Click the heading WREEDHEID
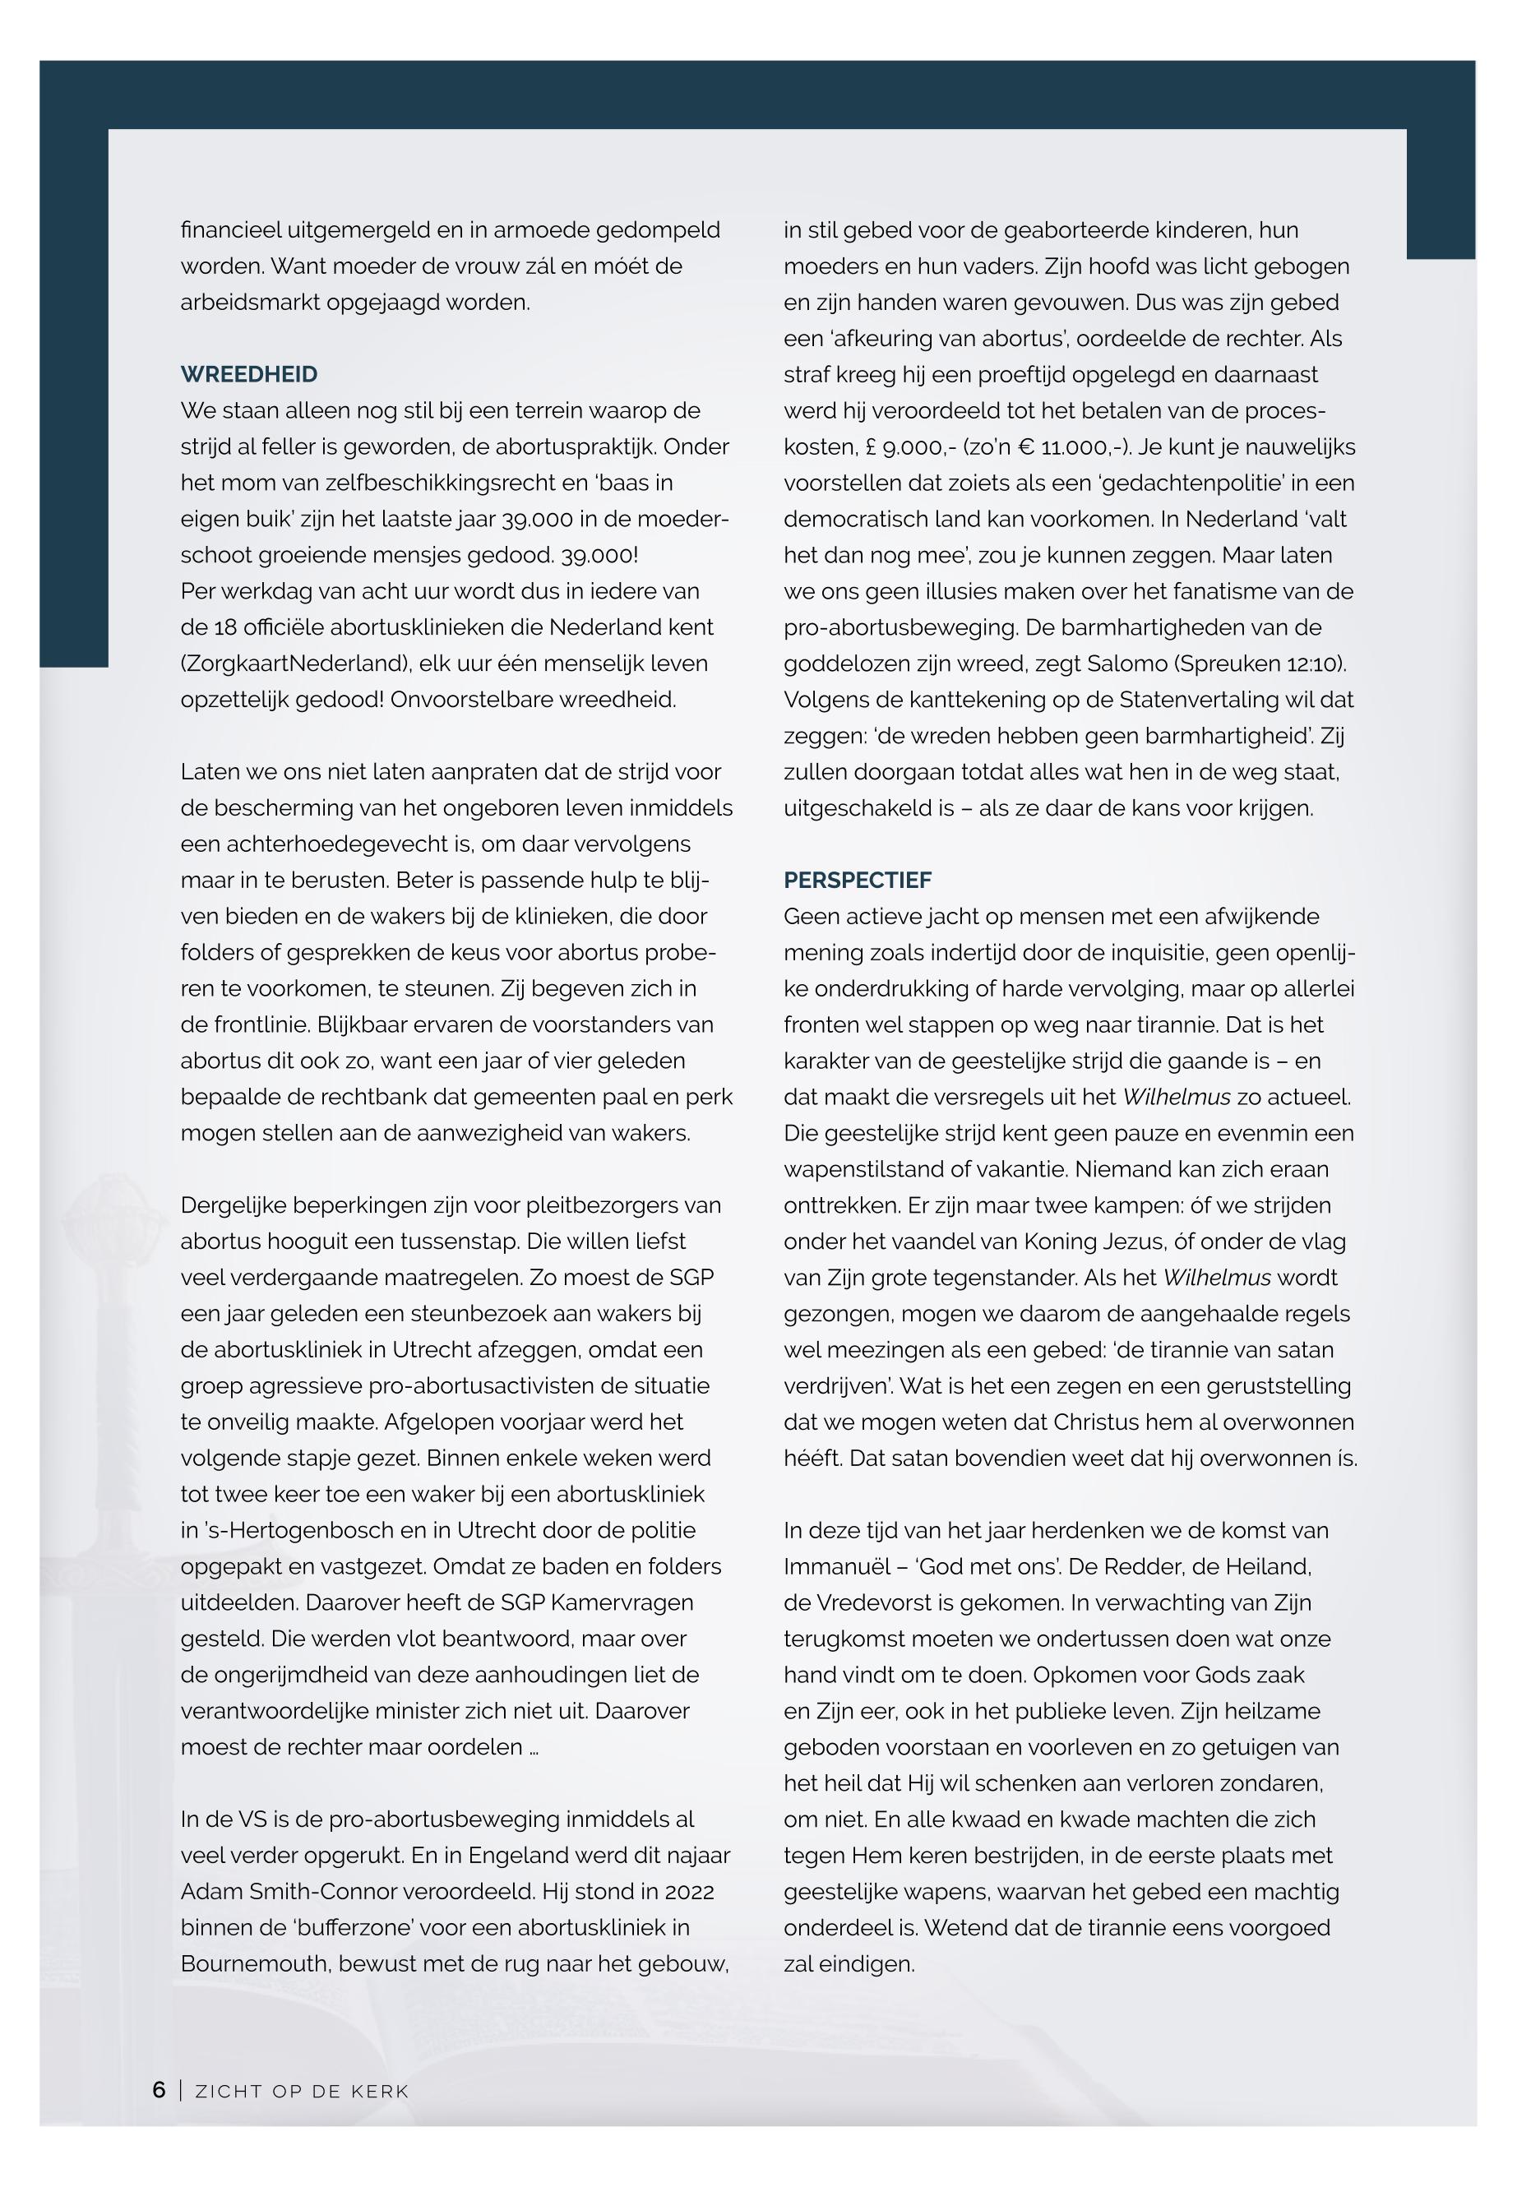click(x=249, y=374)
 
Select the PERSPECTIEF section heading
click(x=858, y=880)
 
